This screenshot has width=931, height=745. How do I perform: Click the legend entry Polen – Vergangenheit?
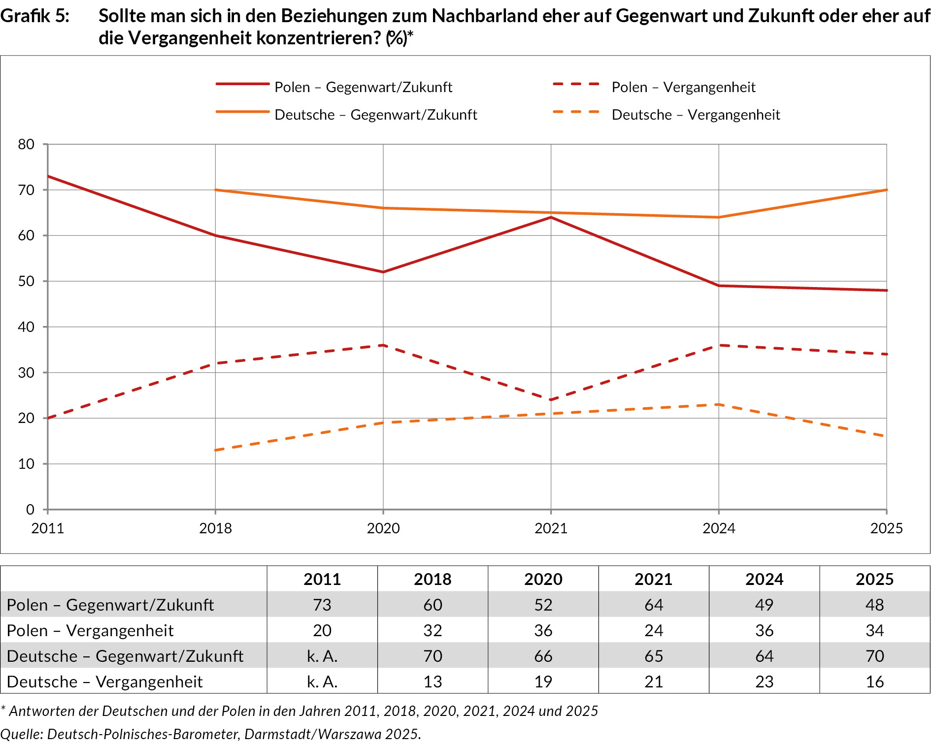pos(683,87)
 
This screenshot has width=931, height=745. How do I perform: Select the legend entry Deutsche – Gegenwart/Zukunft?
pos(375,115)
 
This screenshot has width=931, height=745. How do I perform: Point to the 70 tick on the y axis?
pos(26,190)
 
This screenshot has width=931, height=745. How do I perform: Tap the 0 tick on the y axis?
pos(30,510)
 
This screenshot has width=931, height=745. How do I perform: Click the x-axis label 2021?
pos(551,528)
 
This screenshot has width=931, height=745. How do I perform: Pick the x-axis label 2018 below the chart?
pos(215,528)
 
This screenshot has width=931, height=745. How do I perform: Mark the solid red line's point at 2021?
pos(551,217)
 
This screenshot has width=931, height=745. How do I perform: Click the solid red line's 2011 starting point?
pos(48,176)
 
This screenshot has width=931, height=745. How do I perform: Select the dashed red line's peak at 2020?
pos(383,345)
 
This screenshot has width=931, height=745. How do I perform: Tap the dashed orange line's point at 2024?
pos(719,405)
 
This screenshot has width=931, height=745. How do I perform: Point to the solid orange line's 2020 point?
pos(383,208)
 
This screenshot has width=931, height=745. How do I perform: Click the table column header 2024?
pos(764,579)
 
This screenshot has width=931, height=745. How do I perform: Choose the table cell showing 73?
pos(322,605)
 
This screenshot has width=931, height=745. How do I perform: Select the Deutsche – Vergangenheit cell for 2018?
pos(432,681)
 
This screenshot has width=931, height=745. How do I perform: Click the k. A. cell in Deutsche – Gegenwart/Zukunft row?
pos(322,656)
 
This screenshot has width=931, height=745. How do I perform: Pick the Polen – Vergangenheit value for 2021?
pos(654,630)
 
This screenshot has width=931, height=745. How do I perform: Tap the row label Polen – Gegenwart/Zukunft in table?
pos(110,605)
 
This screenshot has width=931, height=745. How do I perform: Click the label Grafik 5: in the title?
pos(34,16)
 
